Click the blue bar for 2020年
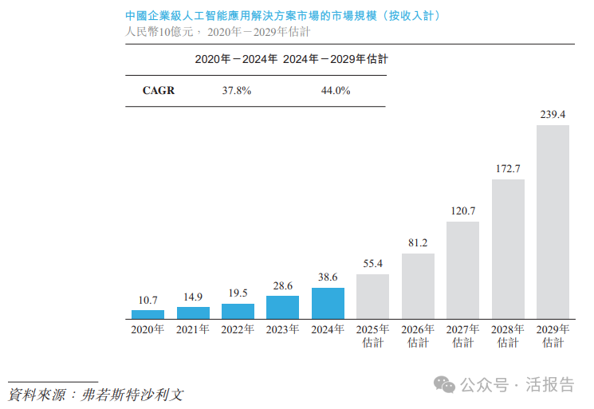tap(148, 314)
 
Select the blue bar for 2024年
tap(328, 303)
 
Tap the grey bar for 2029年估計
tap(553, 222)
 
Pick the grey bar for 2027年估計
tap(462, 269)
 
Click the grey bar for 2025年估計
tap(372, 296)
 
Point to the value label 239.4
tap(553, 115)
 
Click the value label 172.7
tap(508, 169)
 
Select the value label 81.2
tap(418, 242)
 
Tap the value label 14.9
tap(193, 297)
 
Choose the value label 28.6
tap(283, 285)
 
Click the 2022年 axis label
tap(238, 329)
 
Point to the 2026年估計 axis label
tap(418, 336)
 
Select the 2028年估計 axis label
tap(508, 336)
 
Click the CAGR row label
tap(158, 91)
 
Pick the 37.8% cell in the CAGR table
tap(237, 91)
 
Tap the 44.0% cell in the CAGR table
tap(336, 91)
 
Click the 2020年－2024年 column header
tap(237, 59)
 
